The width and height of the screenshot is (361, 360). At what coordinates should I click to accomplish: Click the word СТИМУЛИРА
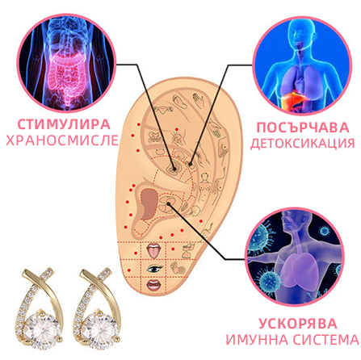click(64, 124)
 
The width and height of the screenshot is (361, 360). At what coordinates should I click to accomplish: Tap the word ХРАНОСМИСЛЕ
click(62, 140)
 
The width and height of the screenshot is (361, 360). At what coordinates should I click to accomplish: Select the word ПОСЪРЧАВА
click(303, 128)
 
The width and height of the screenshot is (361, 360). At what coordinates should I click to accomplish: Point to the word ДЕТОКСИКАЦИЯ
click(303, 144)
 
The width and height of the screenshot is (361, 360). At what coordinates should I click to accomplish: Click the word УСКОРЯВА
click(298, 324)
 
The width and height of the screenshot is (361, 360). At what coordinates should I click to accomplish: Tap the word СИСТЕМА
click(325, 340)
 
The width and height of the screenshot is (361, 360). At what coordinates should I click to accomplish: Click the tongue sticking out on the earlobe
click(154, 251)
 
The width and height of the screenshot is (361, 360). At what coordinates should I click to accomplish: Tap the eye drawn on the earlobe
click(154, 268)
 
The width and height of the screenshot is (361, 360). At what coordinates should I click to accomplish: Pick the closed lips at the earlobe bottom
click(153, 285)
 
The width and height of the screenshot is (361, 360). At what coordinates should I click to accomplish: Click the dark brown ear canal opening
click(149, 203)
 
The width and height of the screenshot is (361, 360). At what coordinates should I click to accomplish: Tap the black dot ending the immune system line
click(169, 203)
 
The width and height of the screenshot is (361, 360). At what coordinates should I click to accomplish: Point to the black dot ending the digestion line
click(174, 169)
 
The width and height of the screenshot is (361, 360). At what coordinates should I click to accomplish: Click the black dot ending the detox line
click(191, 164)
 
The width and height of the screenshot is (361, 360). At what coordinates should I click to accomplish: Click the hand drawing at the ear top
click(199, 100)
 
